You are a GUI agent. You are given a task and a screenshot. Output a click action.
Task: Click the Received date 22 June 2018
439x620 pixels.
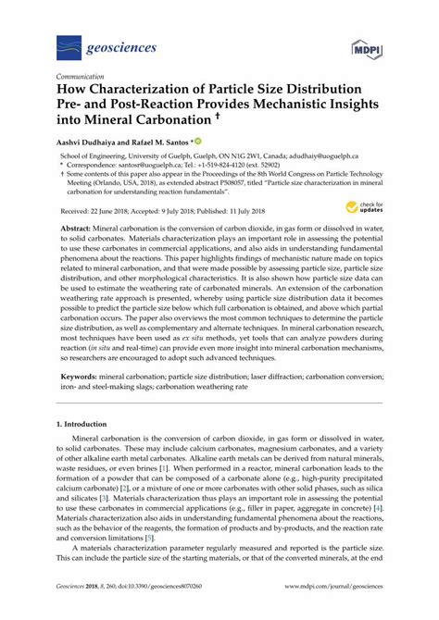coord(86,212)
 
